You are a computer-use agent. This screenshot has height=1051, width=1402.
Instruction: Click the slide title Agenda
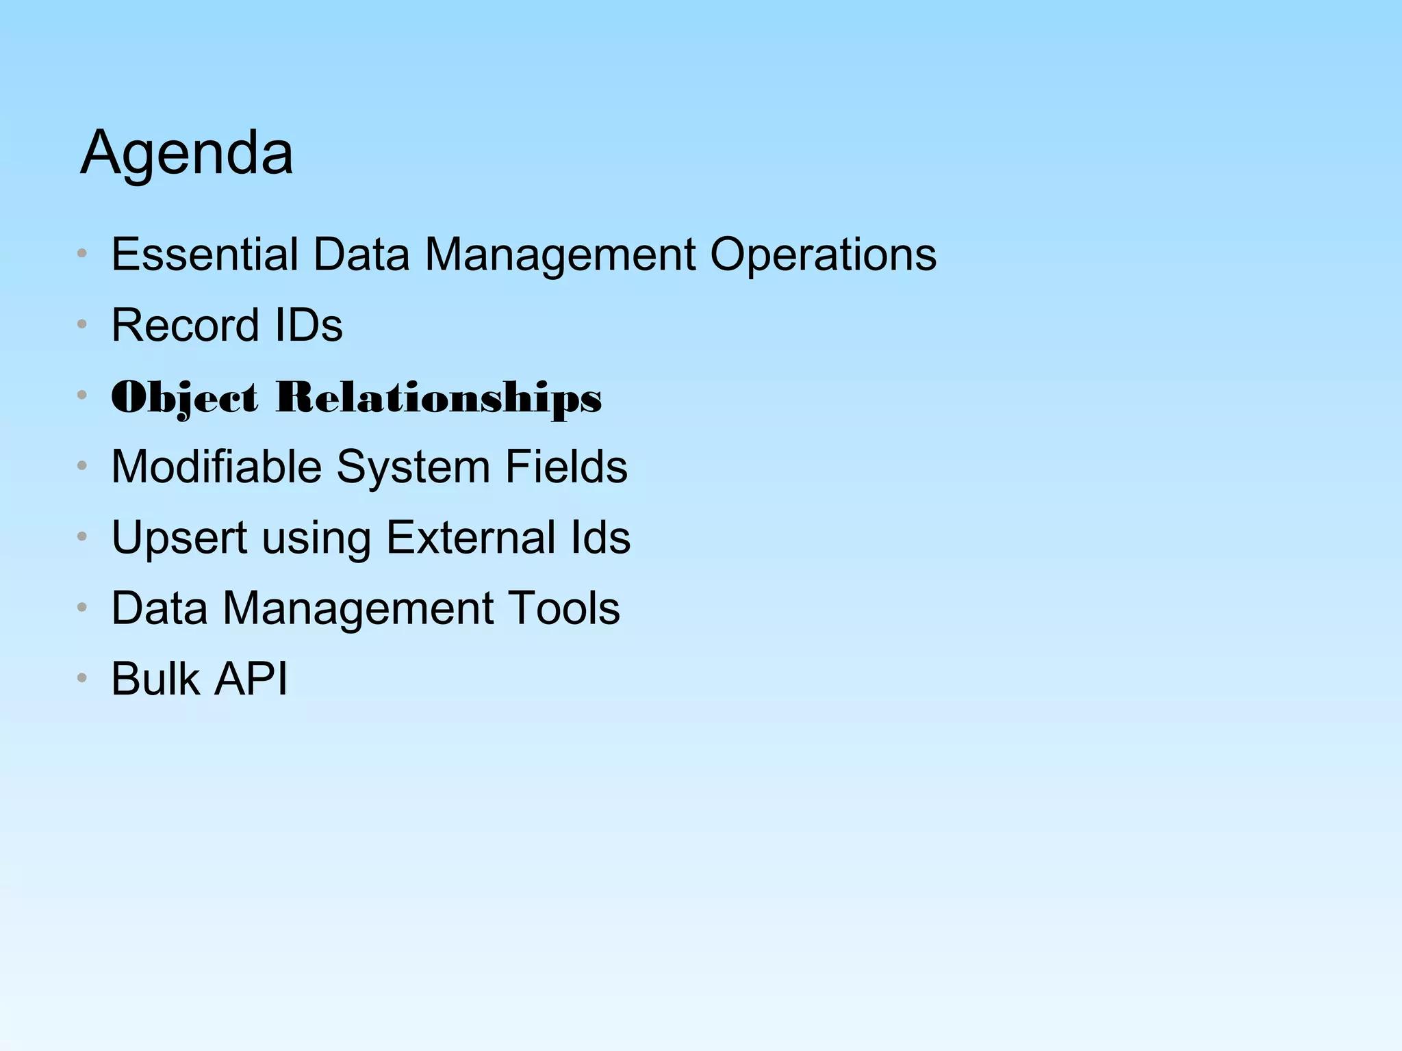pyautogui.click(x=186, y=153)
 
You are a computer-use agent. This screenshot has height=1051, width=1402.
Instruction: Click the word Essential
pyautogui.click(x=205, y=255)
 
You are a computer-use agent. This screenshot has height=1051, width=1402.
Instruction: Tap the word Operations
pyautogui.click(x=823, y=255)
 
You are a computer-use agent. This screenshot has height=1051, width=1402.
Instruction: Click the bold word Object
pyautogui.click(x=185, y=398)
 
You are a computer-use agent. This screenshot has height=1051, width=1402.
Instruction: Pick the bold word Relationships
pyautogui.click(x=439, y=398)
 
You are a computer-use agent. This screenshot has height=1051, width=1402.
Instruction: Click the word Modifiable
pyautogui.click(x=216, y=467)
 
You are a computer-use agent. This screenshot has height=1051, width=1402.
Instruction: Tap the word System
pyautogui.click(x=413, y=467)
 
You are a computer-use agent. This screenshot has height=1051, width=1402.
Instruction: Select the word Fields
pyautogui.click(x=566, y=467)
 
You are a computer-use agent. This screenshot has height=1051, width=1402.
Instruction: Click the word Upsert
pyautogui.click(x=179, y=538)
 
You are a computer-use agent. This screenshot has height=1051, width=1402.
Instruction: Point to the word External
pyautogui.click(x=471, y=538)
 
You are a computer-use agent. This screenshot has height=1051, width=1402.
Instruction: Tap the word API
pyautogui.click(x=251, y=679)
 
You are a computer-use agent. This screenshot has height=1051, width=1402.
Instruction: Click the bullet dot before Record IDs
pyautogui.click(x=82, y=324)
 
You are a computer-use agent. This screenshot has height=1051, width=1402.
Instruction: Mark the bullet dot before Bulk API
pyautogui.click(x=82, y=678)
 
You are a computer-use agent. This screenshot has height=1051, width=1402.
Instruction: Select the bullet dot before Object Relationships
pyautogui.click(x=82, y=395)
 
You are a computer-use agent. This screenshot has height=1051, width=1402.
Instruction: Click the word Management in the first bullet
pyautogui.click(x=561, y=255)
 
